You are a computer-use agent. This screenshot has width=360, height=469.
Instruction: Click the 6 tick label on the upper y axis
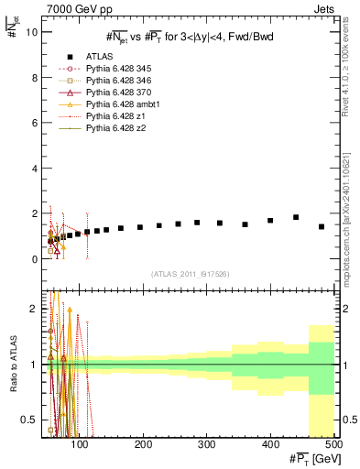tap(32, 123)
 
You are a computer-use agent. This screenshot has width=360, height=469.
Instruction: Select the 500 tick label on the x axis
tap(334, 443)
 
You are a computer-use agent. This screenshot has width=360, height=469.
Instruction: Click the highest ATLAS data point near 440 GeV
tap(296, 217)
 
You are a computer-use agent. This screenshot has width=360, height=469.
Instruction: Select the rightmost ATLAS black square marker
tap(322, 226)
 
